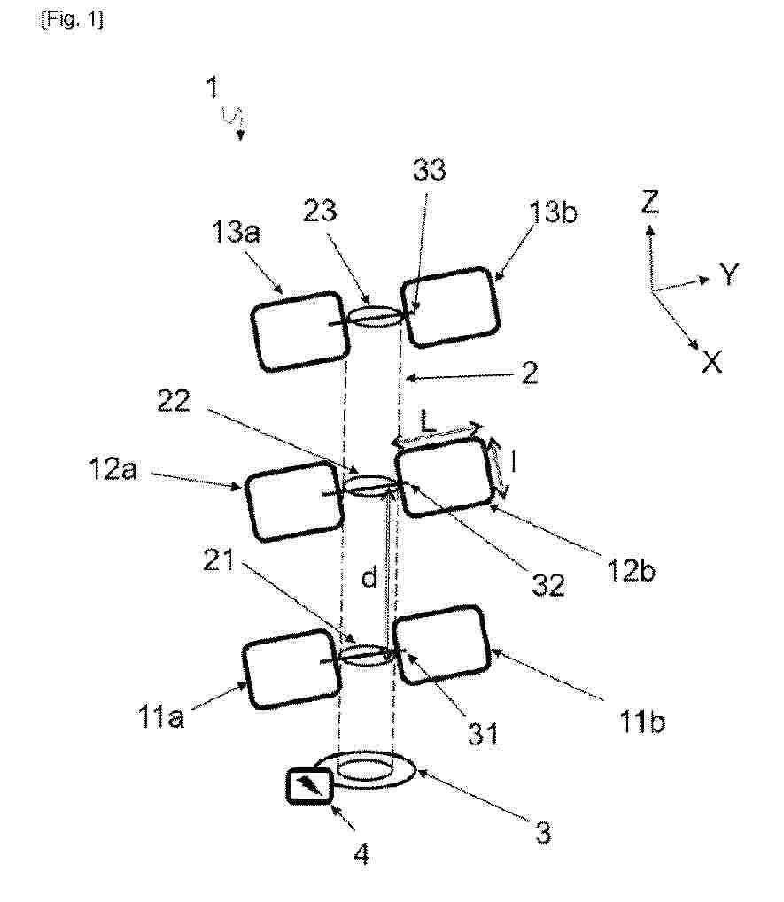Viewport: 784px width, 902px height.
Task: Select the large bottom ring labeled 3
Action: point(364,768)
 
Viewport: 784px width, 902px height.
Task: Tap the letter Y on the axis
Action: point(728,275)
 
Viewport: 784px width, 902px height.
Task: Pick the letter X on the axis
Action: point(710,360)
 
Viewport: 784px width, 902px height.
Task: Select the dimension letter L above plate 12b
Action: point(429,423)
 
